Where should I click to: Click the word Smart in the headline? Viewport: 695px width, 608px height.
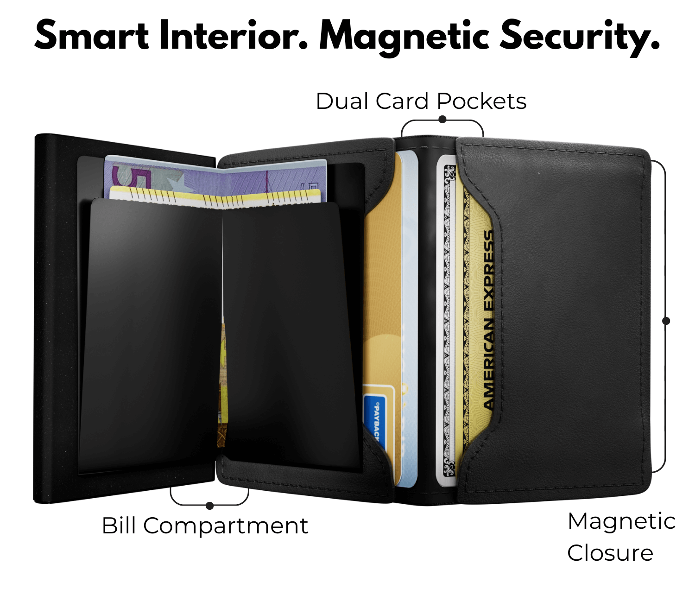pos(92,36)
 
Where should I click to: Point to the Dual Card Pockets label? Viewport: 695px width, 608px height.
pos(421,101)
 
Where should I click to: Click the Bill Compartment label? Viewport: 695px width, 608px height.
pos(205,526)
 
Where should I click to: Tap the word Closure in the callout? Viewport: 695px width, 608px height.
pos(610,553)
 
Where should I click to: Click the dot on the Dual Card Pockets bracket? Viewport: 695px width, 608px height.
pos(442,120)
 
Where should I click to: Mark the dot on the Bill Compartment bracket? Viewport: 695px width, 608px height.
pos(210,506)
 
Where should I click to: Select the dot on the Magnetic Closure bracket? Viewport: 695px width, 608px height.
pos(666,321)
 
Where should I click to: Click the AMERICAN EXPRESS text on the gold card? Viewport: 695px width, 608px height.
pos(488,320)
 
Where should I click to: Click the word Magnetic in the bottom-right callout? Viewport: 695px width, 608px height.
pos(621,521)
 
